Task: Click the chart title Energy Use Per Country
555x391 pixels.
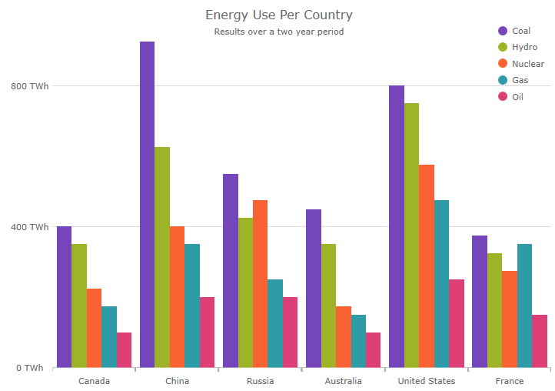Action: (x=278, y=15)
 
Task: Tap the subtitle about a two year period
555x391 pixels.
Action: (x=278, y=32)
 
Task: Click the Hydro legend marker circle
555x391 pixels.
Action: (x=503, y=48)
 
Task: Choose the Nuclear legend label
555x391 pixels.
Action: (x=528, y=64)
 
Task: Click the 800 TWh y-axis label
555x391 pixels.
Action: (x=29, y=86)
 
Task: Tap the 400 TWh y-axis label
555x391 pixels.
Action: (x=29, y=227)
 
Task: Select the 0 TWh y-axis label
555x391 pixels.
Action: (x=29, y=368)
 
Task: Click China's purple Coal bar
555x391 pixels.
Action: (x=147, y=205)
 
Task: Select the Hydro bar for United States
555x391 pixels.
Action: (x=411, y=236)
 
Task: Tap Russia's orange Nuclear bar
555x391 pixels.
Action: (x=260, y=284)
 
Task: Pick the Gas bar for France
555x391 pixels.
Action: (x=524, y=306)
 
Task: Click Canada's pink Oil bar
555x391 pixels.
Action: (x=124, y=350)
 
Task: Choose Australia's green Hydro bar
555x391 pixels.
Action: (x=328, y=306)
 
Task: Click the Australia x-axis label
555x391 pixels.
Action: (x=343, y=381)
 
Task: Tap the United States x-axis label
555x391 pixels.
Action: (x=427, y=381)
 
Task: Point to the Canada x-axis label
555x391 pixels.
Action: (x=94, y=381)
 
